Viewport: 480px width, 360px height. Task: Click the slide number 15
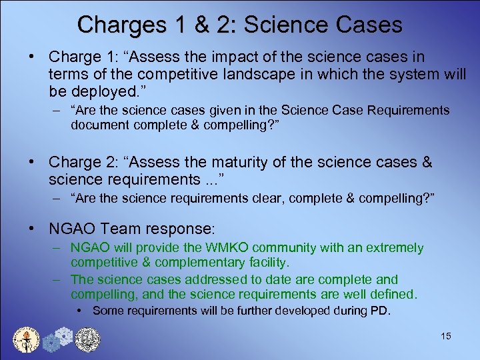(446, 336)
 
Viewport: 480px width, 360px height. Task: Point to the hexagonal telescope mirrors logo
(57, 339)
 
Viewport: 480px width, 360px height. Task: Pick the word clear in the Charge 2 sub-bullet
(261, 197)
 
